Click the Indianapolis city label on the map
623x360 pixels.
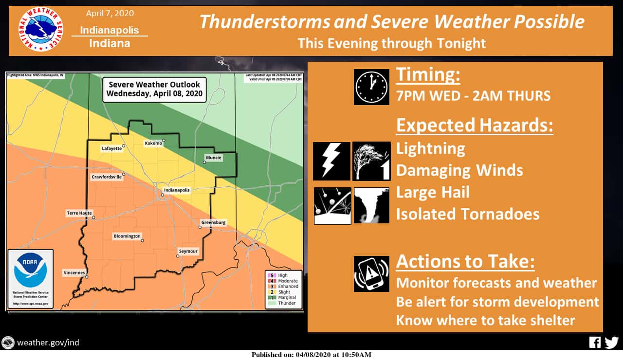[177, 190]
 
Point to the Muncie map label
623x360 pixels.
[213, 158]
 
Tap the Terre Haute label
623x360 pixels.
[79, 213]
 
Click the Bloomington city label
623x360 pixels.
[127, 236]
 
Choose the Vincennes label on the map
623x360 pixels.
[74, 272]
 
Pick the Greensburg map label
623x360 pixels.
[213, 222]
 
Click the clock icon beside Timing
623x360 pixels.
[371, 87]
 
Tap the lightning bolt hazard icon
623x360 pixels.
[331, 161]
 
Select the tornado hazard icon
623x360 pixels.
[371, 205]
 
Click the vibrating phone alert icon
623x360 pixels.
[371, 273]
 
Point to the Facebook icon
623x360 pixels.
[595, 342]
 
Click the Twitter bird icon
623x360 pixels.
[611, 342]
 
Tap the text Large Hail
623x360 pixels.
[433, 192]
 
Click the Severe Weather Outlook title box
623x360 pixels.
[154, 89]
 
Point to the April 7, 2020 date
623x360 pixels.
[110, 13]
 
